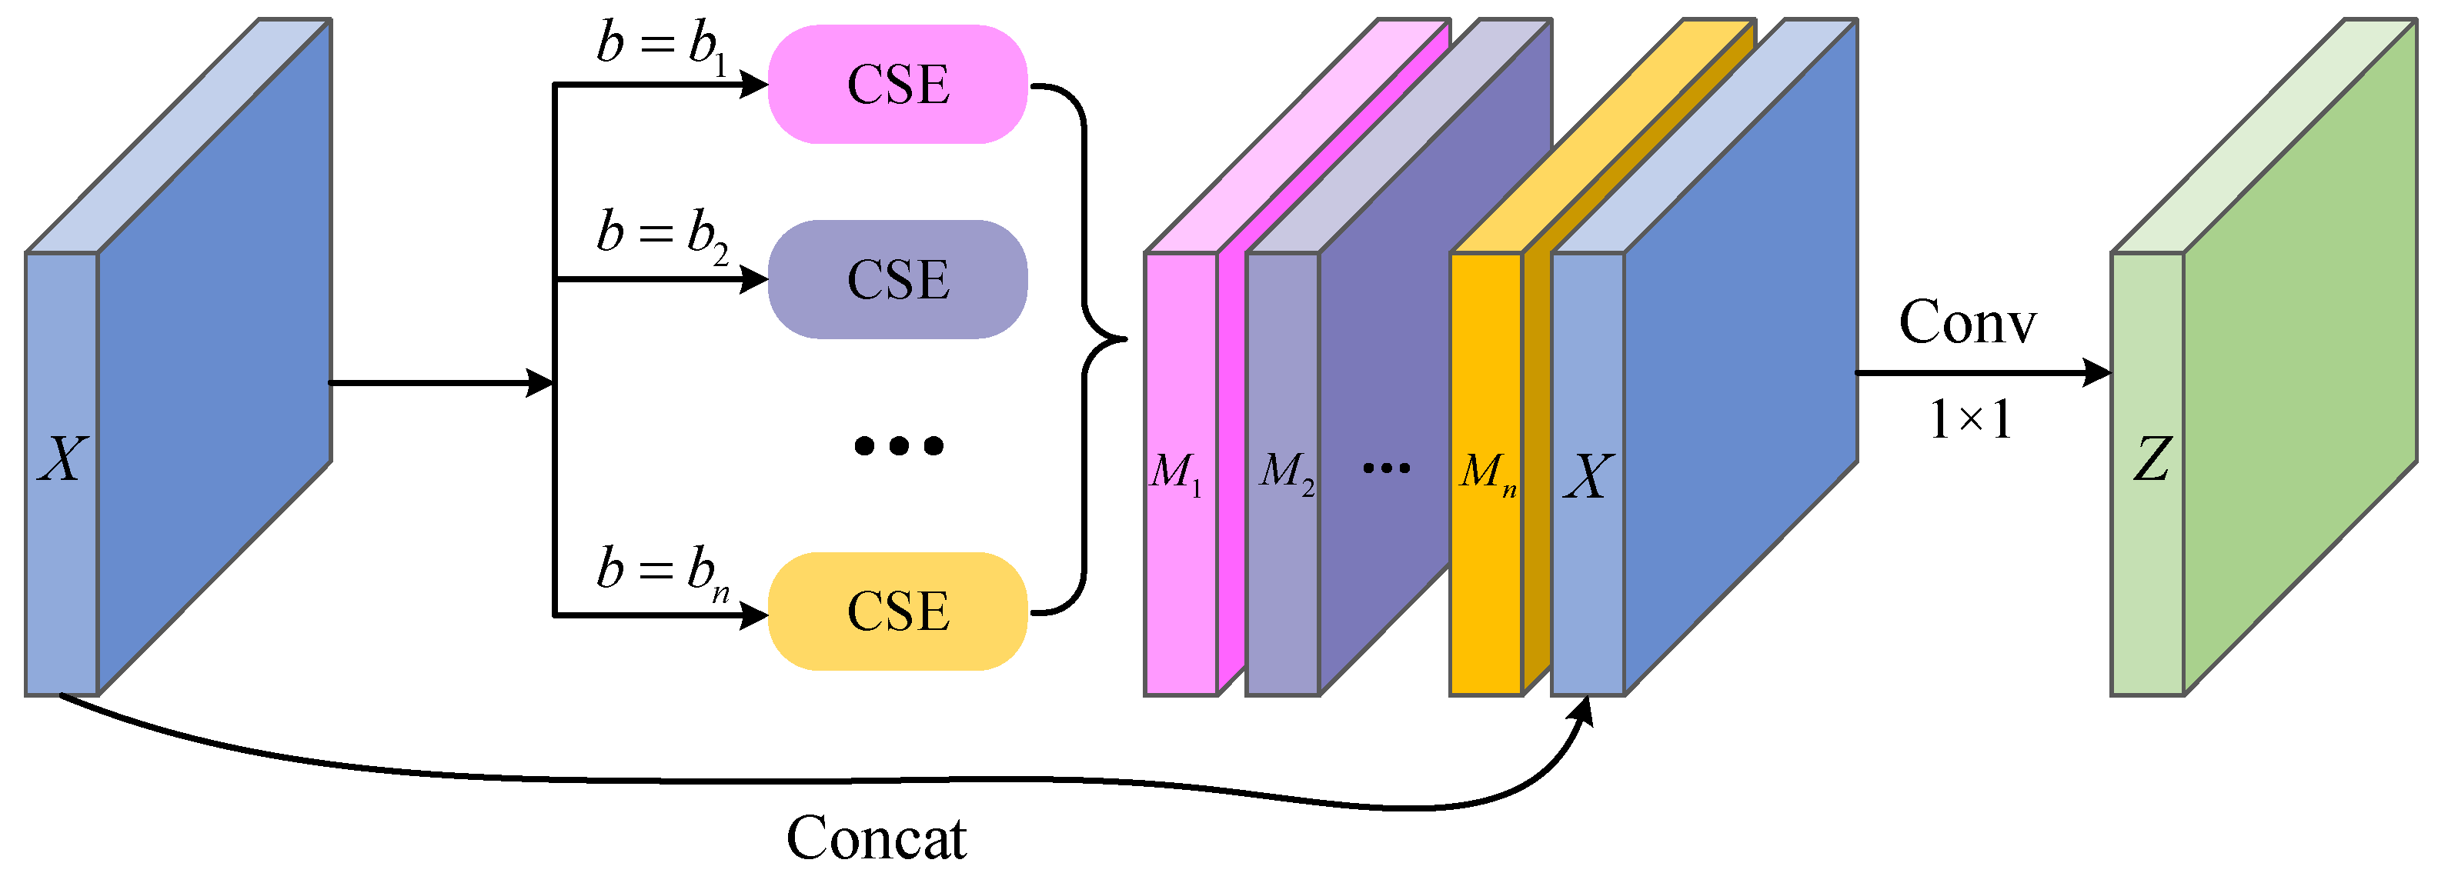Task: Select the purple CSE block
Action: tap(897, 280)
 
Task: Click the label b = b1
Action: tap(662, 47)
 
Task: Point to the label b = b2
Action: tap(662, 235)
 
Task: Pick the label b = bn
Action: tap(662, 573)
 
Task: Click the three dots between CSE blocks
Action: tap(898, 445)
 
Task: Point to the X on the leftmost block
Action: tap(62, 461)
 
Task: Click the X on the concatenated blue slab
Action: tap(1587, 477)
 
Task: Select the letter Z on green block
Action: tap(2151, 461)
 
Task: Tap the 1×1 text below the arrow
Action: tap(1969, 419)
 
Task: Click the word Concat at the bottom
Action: tap(877, 838)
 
